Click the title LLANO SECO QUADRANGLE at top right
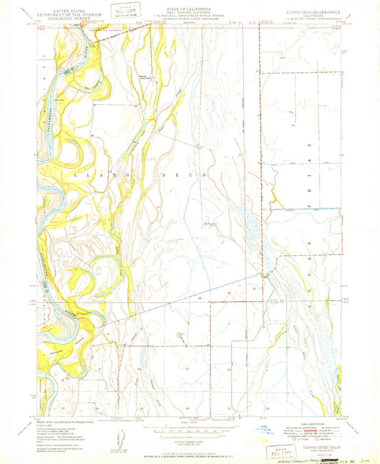308,11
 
